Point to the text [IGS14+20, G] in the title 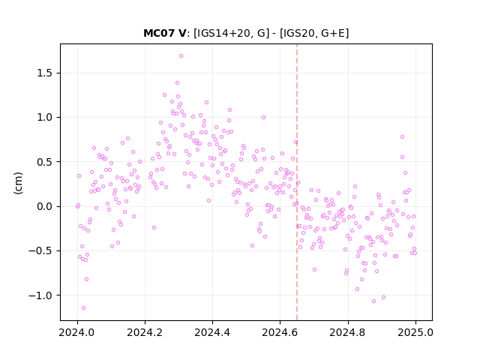click(x=232, y=33)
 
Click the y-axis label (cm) click(x=18, y=183)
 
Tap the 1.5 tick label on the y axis click(x=44, y=73)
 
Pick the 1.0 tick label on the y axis click(x=44, y=117)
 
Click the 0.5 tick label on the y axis click(x=44, y=162)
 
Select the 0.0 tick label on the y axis click(x=44, y=206)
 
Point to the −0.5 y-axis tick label click(x=40, y=250)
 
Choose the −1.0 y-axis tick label click(x=40, y=295)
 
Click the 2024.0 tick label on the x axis click(x=77, y=332)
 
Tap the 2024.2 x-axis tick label click(x=145, y=332)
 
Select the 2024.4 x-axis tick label click(x=212, y=332)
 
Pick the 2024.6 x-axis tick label click(x=280, y=332)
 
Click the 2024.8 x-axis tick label click(x=348, y=332)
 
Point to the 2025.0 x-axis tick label click(x=415, y=332)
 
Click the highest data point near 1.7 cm click(x=181, y=55)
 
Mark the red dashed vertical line click(x=297, y=182)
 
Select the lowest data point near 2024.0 click(x=83, y=307)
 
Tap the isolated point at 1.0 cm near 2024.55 click(x=263, y=117)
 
